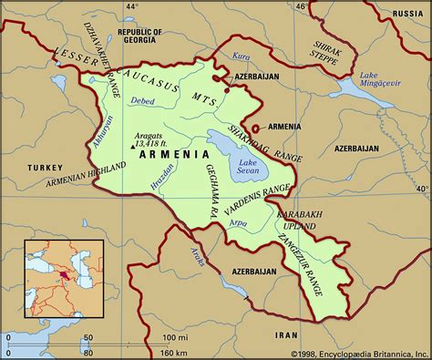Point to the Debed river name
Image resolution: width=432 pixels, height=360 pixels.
click(143, 100)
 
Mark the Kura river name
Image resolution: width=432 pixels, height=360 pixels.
click(241, 56)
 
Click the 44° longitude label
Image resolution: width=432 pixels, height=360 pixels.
click(132, 6)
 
